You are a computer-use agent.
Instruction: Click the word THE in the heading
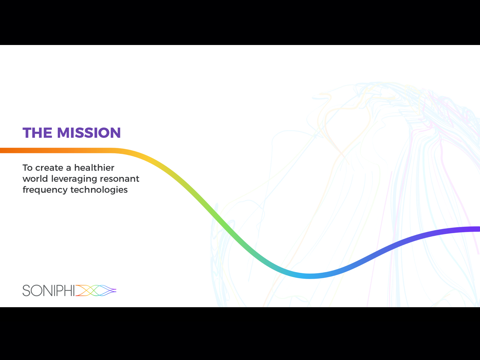[x=37, y=133]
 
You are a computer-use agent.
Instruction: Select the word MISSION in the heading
[x=89, y=133]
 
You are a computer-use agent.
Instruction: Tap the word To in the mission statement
[x=28, y=168]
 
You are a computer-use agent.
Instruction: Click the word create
[x=49, y=168]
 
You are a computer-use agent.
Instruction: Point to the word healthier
[x=94, y=168]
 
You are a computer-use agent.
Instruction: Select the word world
[x=35, y=179]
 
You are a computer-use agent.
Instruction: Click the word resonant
[x=120, y=179]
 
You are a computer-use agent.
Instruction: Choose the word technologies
[x=99, y=190]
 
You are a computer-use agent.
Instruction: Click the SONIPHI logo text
[x=49, y=290]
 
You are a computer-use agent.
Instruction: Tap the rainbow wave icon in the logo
[x=96, y=290]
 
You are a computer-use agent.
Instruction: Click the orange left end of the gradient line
[x=1, y=150]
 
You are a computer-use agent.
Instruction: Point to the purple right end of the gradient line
[x=478, y=229]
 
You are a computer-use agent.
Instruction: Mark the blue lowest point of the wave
[x=309, y=276]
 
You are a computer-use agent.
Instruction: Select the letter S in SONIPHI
[x=26, y=290]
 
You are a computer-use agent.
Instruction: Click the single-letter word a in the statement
[x=69, y=169]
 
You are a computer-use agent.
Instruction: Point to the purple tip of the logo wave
[x=115, y=290]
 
